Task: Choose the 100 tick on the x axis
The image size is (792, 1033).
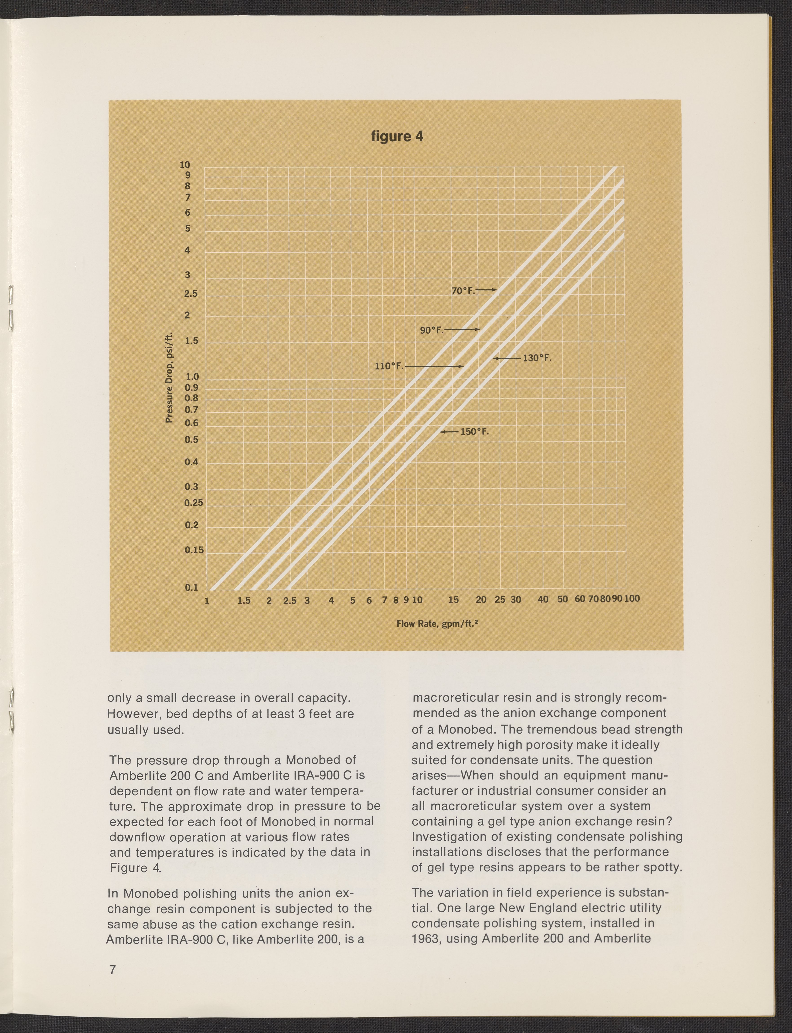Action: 632,599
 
